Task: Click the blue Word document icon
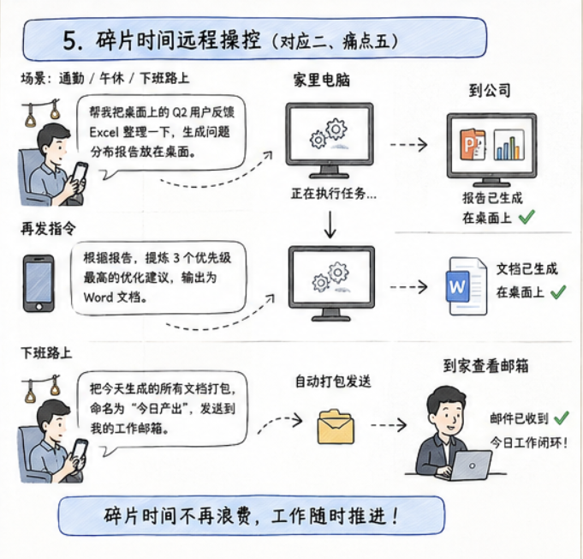point(467,286)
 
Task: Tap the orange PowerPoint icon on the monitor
point(473,145)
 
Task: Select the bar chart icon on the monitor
point(509,145)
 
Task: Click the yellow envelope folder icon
point(336,427)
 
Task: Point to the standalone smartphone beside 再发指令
point(39,284)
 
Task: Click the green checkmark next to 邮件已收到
point(562,418)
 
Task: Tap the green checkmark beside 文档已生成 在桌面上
point(558,292)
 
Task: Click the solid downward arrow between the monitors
point(330,225)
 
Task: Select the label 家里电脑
point(322,80)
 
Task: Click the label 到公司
point(490,91)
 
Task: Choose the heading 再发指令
point(48,228)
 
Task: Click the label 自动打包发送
point(333,382)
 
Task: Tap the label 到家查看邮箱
point(485,366)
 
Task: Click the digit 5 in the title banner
point(69,40)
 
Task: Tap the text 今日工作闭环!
point(528,443)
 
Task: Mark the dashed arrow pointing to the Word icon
point(408,287)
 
